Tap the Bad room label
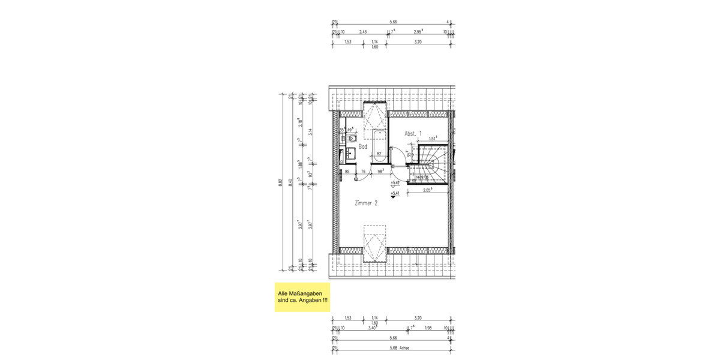coord(362,146)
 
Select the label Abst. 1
coord(413,133)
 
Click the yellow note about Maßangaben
coord(302,296)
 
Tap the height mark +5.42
coord(395,182)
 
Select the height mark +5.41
coord(395,194)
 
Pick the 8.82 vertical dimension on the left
coord(280,183)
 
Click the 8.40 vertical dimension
coord(292,183)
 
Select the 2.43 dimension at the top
coord(364,31)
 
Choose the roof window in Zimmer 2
coord(376,244)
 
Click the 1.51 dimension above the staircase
coord(432,138)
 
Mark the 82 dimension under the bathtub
coord(379,154)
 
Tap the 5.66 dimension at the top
coord(393,21)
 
